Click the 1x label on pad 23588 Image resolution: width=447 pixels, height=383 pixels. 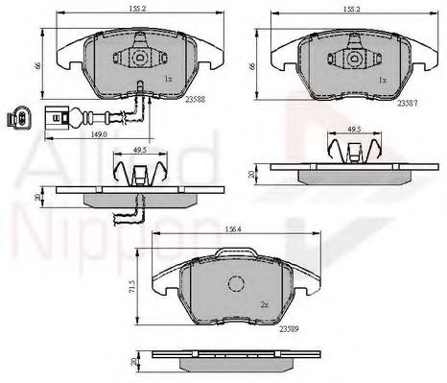[169, 80]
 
